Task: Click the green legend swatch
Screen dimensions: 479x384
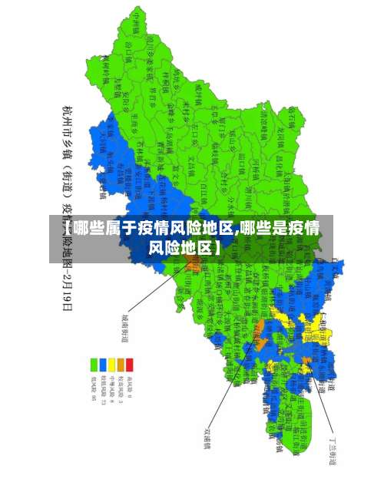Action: coord(94,365)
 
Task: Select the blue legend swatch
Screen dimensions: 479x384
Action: coord(103,365)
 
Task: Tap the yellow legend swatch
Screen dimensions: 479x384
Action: coord(111,365)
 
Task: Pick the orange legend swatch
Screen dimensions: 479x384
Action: coord(121,365)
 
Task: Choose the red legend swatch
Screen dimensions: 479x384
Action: coord(129,365)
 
